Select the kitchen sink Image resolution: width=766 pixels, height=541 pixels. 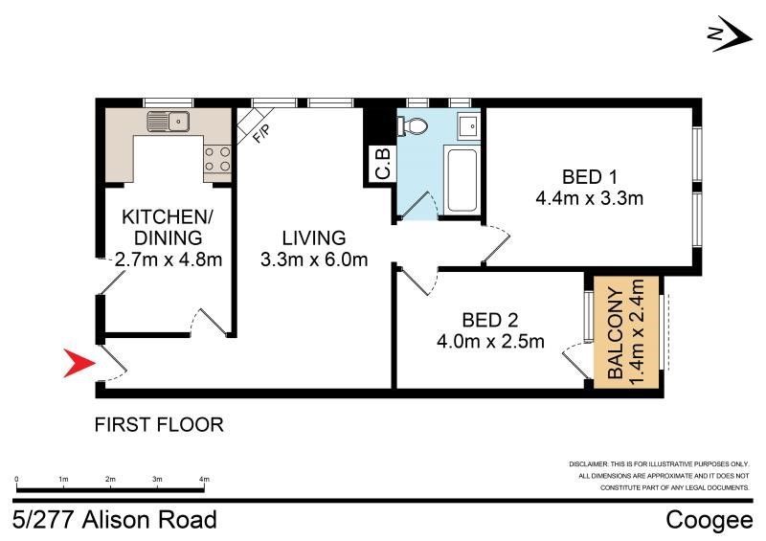click(x=169, y=122)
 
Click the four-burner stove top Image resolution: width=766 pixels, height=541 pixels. click(x=217, y=159)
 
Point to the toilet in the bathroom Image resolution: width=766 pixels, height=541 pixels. click(x=414, y=126)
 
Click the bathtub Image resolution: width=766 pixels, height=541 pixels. click(x=462, y=180)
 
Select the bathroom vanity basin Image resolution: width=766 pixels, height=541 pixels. click(x=470, y=126)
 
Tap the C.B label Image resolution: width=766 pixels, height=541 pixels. click(x=382, y=164)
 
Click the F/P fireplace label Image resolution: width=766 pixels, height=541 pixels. click(x=260, y=133)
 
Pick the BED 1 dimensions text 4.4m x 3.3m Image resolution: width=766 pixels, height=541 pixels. click(x=589, y=198)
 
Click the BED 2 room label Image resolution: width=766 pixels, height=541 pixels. click(x=490, y=320)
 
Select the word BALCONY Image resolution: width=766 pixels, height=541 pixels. click(x=616, y=334)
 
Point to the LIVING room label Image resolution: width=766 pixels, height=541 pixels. click(x=314, y=238)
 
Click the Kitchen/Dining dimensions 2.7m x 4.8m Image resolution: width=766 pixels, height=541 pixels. click(x=169, y=259)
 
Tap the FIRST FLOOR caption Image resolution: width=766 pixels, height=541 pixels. click(x=159, y=425)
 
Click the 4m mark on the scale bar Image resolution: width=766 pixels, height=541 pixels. click(x=204, y=480)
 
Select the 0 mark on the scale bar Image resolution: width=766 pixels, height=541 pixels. click(x=16, y=480)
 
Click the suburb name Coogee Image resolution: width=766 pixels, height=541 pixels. click(x=710, y=520)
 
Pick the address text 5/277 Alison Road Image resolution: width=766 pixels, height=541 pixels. click(x=115, y=520)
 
